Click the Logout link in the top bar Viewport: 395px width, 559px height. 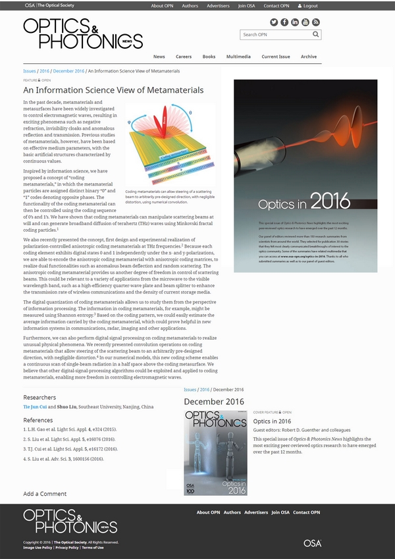coord(308,5)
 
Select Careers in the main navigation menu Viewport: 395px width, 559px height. coord(184,57)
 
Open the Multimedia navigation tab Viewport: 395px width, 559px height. coord(238,57)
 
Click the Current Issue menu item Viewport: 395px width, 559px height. coord(275,57)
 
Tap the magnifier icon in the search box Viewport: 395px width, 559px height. coord(316,34)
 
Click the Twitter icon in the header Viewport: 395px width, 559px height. coord(274,22)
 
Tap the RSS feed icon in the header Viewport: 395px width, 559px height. coord(316,22)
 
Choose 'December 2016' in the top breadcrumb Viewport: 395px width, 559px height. coord(68,71)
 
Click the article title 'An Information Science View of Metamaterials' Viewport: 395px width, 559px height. coord(113,90)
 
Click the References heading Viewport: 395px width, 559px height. coord(38,420)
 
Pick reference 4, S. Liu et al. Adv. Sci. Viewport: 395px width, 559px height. coord(64,458)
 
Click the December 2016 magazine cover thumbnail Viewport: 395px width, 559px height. coord(215,453)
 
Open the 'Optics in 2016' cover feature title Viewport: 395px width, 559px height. coord(272,421)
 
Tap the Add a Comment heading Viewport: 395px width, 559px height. coord(45,494)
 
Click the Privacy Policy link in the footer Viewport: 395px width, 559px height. coord(67,547)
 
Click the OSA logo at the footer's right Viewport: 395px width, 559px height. coord(312,543)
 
